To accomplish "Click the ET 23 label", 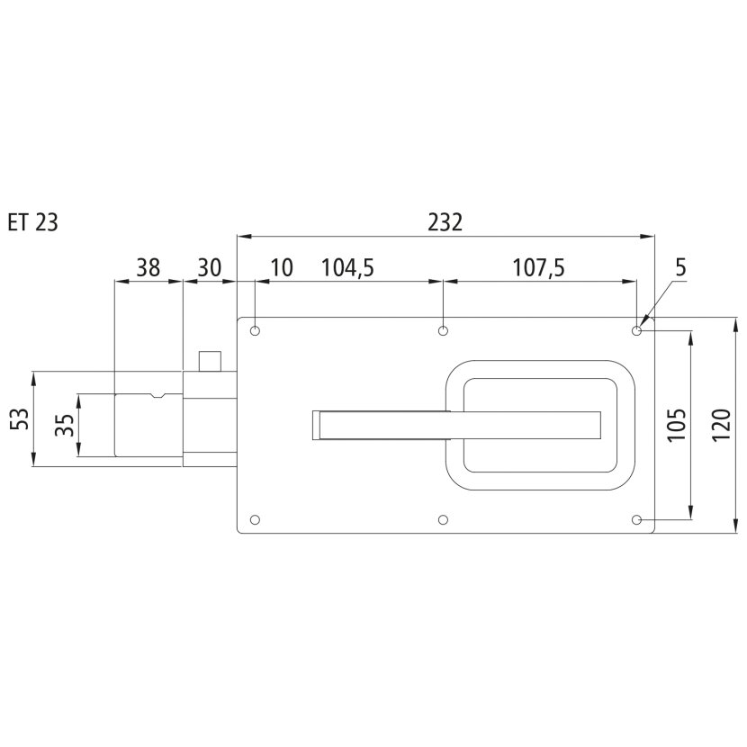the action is click(33, 222).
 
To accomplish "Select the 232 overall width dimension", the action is click(445, 222).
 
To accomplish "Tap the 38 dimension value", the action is click(148, 267).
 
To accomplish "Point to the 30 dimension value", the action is click(210, 267).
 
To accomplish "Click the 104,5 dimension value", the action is click(347, 267).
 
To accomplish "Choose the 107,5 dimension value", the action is click(538, 267).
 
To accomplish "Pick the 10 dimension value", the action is click(282, 267).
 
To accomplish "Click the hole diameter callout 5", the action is click(680, 268).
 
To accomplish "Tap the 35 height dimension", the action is click(65, 425).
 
